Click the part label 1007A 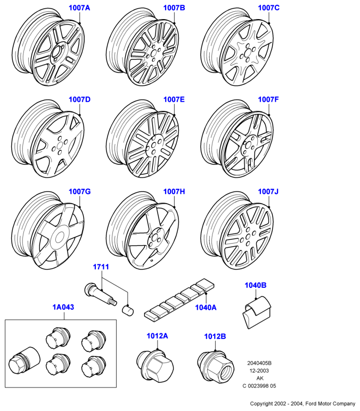(x=79, y=8)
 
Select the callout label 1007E (x=174, y=100)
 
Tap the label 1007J (x=268, y=191)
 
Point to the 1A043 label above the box (x=63, y=307)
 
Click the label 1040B (x=256, y=285)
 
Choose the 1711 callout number (x=101, y=267)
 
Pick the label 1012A (x=157, y=336)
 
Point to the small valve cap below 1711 (x=128, y=310)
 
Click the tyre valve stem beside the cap (x=100, y=294)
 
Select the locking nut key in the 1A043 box (x=24, y=360)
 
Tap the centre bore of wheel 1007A (x=56, y=51)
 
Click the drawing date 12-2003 (x=259, y=370)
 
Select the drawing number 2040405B (x=259, y=363)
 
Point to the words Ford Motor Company (x=330, y=404)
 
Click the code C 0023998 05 (x=259, y=386)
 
